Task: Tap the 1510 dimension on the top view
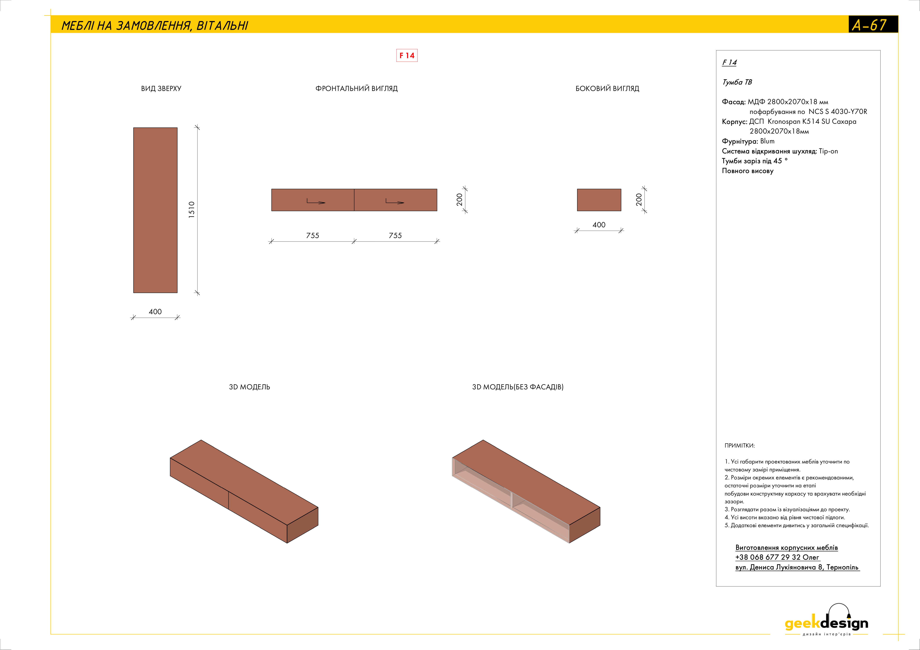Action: [x=191, y=210]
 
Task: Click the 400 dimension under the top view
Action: [x=155, y=312]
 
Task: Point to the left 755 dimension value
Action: [x=313, y=235]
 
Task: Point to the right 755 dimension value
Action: [x=395, y=235]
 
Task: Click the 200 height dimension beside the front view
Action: [x=459, y=200]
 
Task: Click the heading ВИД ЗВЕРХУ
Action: [x=161, y=89]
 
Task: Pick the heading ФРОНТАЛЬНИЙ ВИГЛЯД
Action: [x=357, y=89]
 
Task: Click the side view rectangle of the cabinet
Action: [x=599, y=200]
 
